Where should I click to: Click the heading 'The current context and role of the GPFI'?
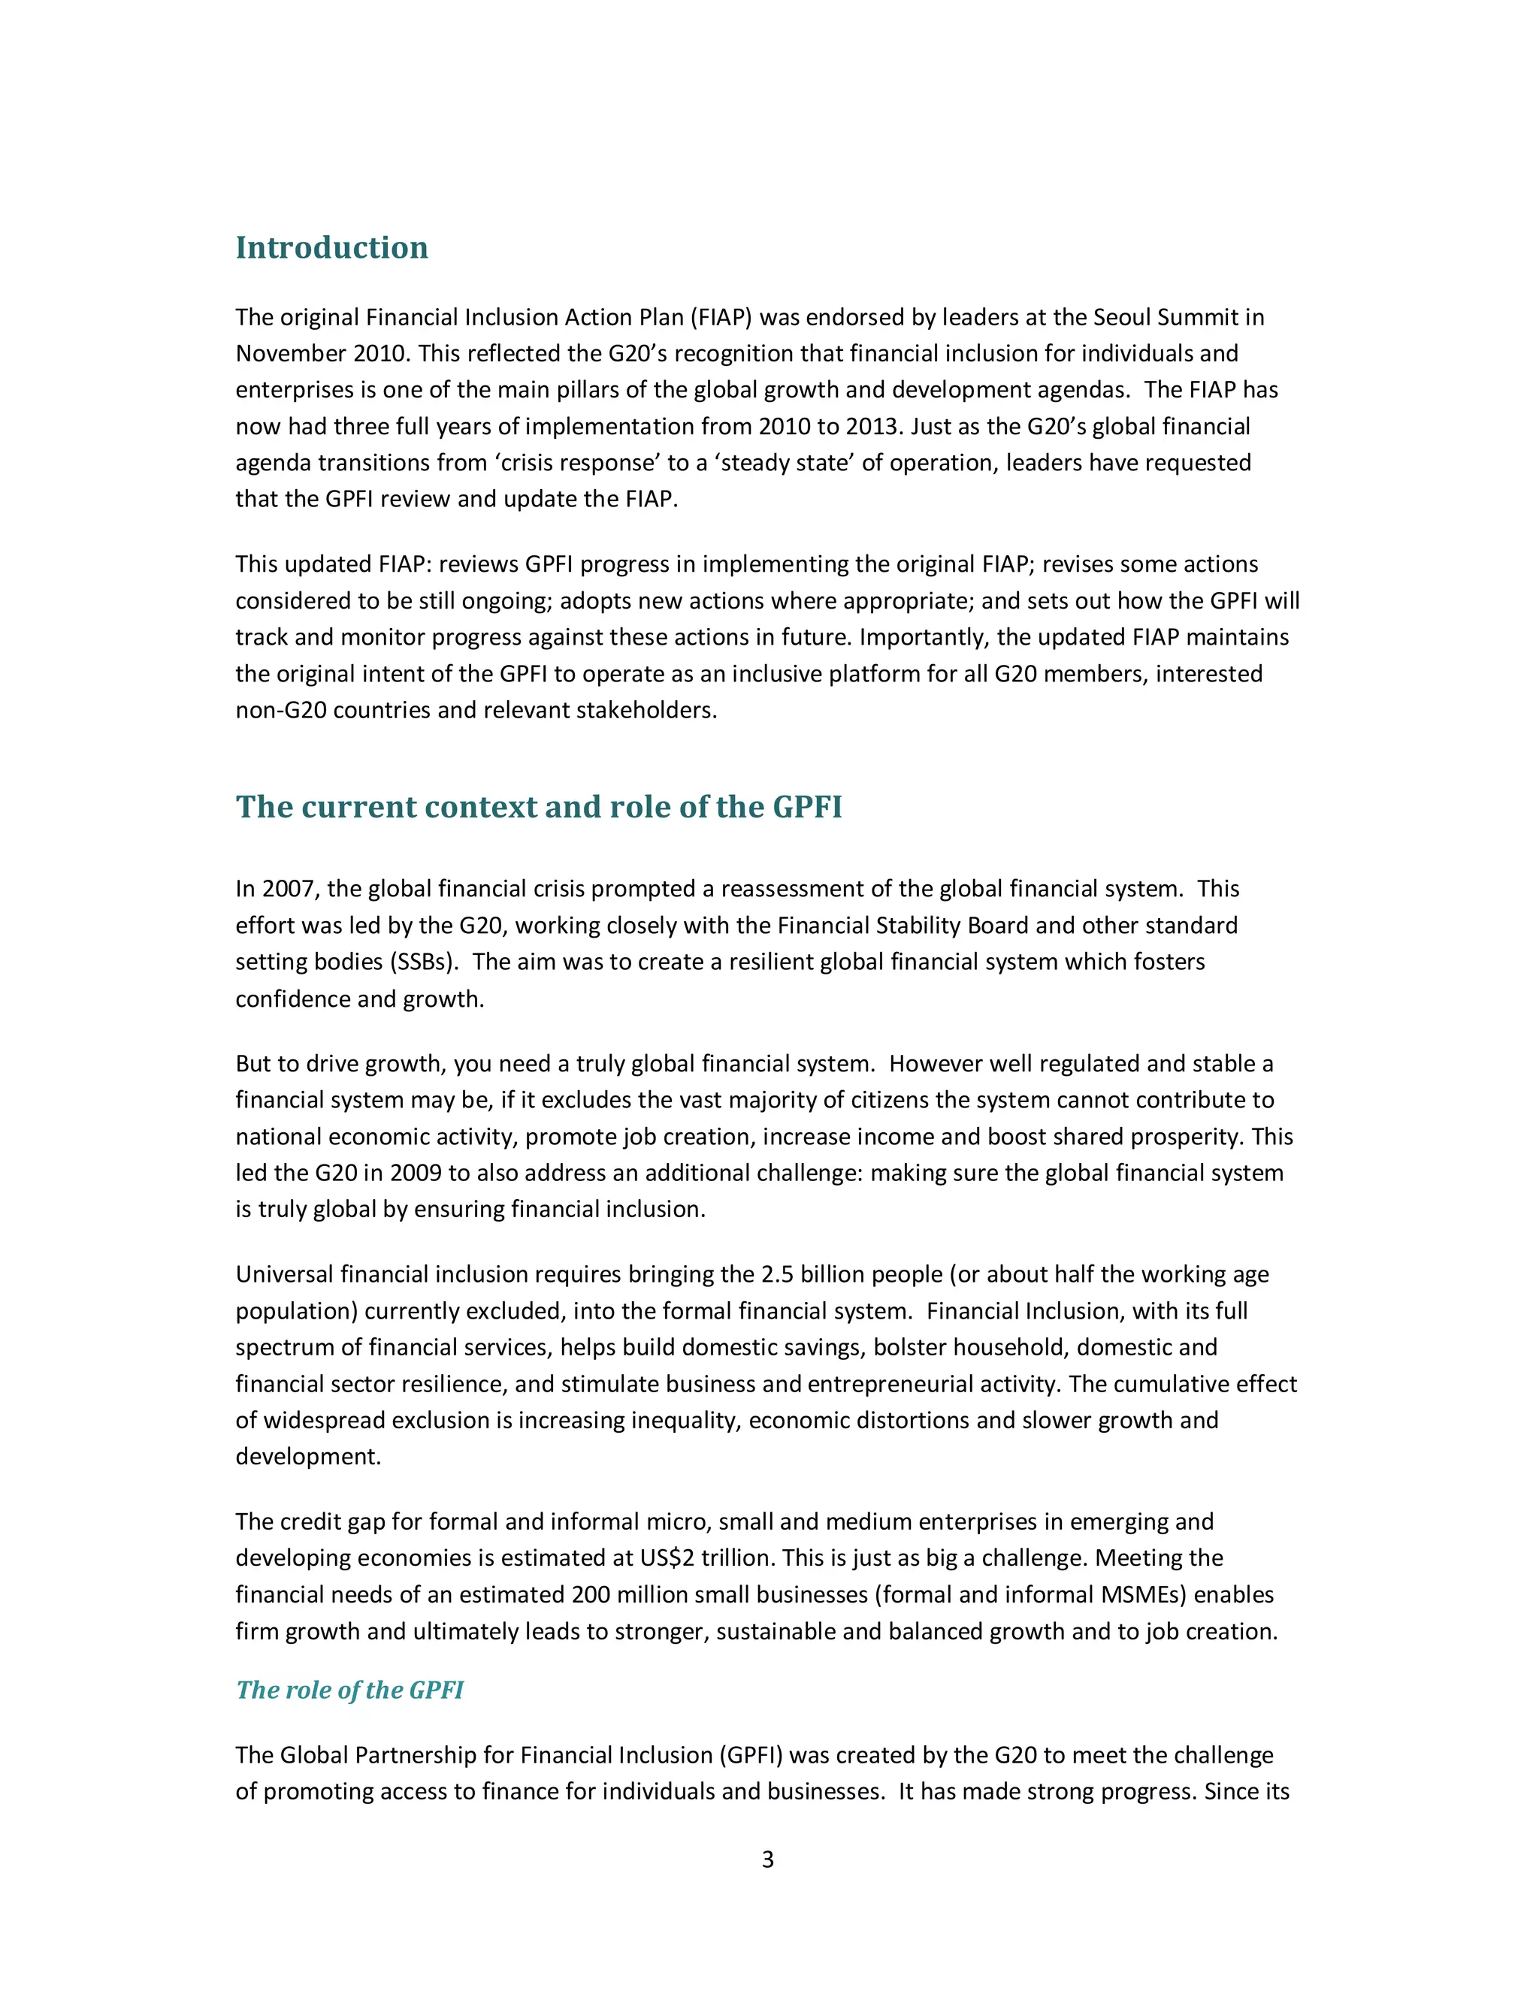[538, 807]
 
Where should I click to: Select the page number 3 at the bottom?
[768, 1859]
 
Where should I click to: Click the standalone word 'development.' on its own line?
[307, 1457]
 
